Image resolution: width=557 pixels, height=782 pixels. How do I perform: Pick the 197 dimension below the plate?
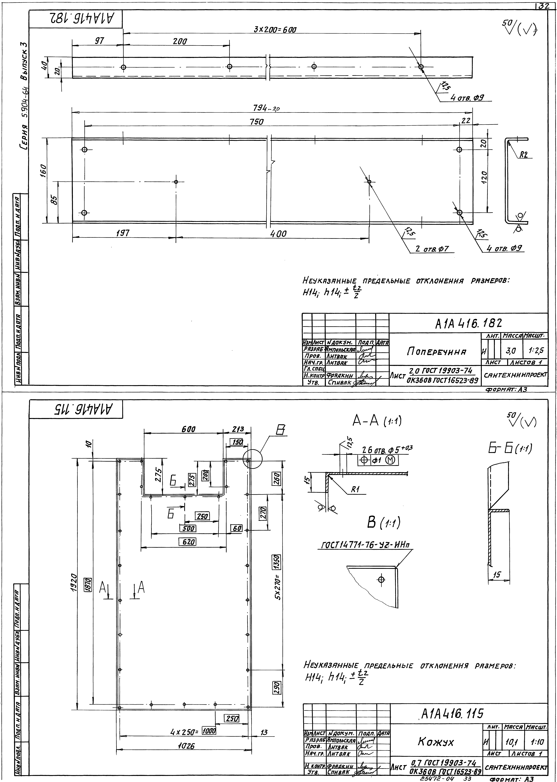pos(123,234)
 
